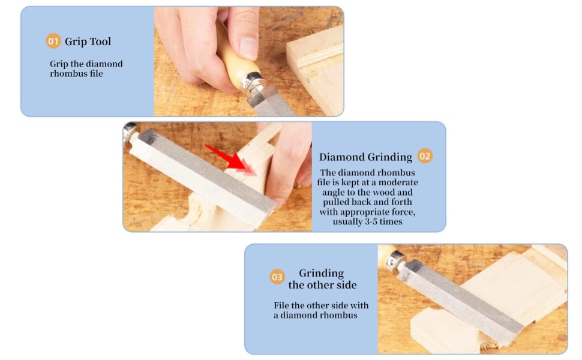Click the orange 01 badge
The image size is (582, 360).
(53, 41)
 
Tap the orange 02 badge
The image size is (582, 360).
(425, 156)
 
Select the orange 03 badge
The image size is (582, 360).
(277, 277)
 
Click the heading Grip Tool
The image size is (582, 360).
(88, 41)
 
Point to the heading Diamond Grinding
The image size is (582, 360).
(365, 157)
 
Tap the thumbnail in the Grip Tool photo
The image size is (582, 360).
(248, 48)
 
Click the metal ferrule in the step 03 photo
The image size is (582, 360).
(394, 260)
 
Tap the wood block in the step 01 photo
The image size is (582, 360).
(316, 71)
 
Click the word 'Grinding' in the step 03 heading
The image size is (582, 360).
(322, 274)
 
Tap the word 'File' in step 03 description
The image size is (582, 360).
(281, 305)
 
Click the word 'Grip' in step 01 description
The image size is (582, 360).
(59, 64)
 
